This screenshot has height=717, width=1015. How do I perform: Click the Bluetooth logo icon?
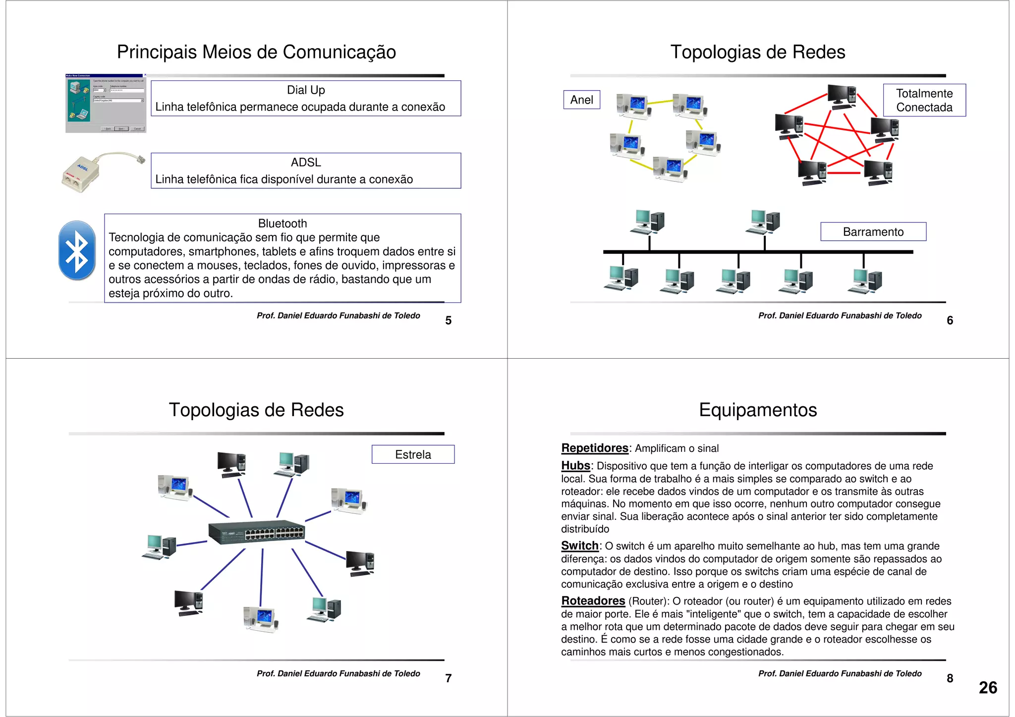[77, 250]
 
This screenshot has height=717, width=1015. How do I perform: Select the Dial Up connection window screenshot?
[106, 103]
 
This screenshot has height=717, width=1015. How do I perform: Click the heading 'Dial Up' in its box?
[306, 90]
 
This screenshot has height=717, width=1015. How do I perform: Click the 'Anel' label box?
[581, 100]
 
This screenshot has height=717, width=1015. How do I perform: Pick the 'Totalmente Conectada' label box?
[924, 101]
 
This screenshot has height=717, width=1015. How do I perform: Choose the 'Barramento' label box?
[873, 232]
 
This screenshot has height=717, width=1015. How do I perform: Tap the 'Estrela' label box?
[413, 454]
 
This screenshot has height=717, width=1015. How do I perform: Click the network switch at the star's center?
[257, 533]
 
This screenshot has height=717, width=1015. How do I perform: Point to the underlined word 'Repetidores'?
[594, 448]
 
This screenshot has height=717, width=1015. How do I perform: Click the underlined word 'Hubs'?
[575, 466]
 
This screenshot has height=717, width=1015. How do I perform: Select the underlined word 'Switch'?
[579, 546]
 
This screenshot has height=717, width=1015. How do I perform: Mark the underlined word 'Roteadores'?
[593, 601]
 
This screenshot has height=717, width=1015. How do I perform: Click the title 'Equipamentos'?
[757, 410]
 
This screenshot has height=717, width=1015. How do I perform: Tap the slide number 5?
[448, 321]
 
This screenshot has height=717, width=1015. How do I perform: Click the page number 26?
[987, 688]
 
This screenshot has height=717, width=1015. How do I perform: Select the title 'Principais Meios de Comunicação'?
[256, 52]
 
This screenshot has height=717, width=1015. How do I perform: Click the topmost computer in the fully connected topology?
[842, 96]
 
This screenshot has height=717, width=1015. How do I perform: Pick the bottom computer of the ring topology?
[669, 168]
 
